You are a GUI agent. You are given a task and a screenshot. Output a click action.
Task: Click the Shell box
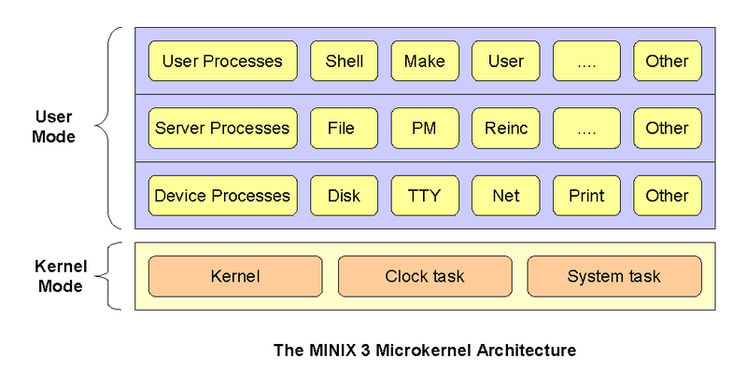pos(344,62)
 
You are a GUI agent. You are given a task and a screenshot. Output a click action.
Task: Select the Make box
pos(425,62)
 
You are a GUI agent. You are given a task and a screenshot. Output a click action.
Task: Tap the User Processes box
pos(222,62)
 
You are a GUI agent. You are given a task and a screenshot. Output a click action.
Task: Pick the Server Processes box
pos(222,129)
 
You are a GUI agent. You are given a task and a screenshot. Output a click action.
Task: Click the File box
pos(344,129)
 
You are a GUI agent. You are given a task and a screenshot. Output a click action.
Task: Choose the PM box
pos(425,129)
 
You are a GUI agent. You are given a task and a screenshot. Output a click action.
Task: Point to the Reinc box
pos(505,129)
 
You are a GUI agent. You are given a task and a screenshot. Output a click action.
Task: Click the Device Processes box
pos(222,196)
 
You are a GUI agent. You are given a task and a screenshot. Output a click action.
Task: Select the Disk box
pos(344,196)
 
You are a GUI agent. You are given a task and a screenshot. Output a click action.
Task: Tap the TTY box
pos(425,196)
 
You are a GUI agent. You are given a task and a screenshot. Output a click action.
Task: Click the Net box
pos(505,196)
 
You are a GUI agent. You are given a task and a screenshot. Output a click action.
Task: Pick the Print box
pos(586,196)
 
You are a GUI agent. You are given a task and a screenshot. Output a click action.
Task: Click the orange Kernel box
pos(235,277)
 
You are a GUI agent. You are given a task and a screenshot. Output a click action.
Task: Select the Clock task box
pos(425,277)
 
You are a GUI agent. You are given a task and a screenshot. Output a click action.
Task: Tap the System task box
pos(613,277)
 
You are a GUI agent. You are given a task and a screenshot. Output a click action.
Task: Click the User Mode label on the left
pos(54,128)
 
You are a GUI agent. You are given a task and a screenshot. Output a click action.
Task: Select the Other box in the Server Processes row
pos(667,129)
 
